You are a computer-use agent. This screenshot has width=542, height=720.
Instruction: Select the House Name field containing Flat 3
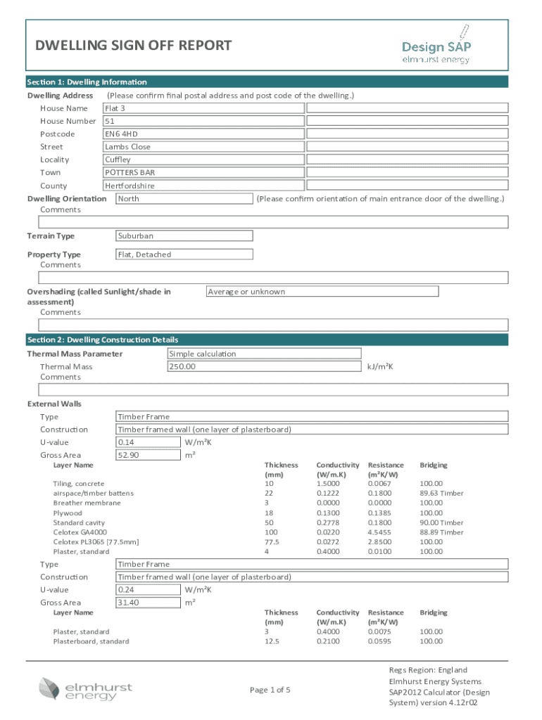point(305,108)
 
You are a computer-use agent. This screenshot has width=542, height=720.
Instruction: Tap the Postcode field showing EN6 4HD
point(305,134)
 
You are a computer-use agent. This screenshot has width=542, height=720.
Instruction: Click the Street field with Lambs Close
point(305,147)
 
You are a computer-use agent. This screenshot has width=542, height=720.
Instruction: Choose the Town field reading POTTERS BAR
point(305,172)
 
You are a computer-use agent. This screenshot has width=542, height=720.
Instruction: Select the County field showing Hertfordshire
point(305,186)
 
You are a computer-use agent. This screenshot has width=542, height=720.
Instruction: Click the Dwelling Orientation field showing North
point(183,199)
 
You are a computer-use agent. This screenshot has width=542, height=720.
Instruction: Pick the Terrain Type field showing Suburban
point(183,236)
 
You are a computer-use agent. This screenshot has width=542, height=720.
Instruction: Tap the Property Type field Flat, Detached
point(183,255)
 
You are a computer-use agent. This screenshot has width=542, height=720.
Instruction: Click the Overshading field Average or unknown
point(321,291)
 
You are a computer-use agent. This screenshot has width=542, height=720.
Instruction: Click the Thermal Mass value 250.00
point(263,366)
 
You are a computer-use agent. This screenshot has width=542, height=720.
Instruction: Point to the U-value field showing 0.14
point(147,442)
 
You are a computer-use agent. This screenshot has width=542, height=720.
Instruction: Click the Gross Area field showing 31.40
point(147,603)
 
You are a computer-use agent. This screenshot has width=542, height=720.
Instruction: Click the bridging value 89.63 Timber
point(441,493)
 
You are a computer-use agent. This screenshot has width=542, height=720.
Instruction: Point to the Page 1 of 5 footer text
point(270,690)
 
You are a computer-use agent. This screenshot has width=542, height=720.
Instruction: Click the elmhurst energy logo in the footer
point(86,688)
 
